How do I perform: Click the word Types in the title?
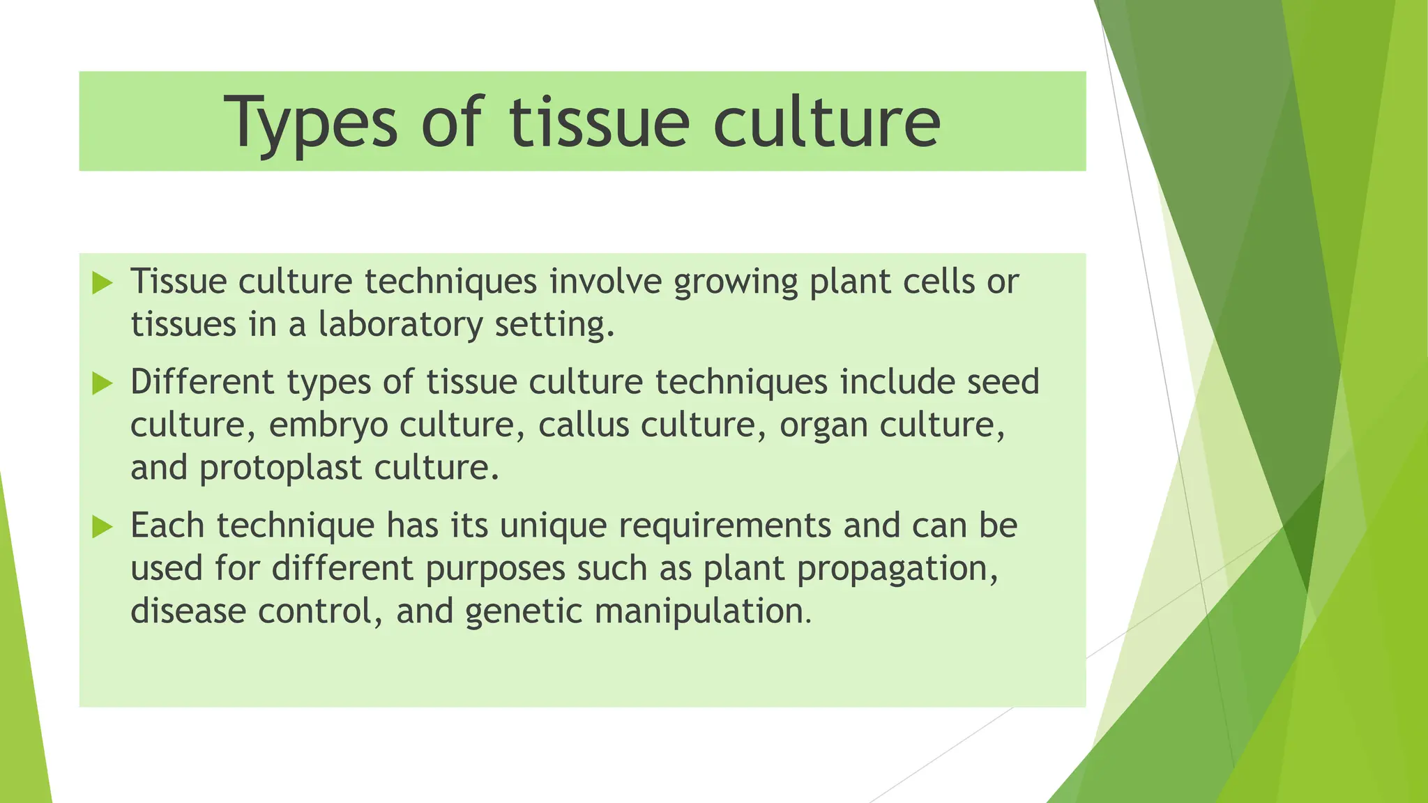(x=311, y=123)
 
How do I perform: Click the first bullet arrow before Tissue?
(x=102, y=283)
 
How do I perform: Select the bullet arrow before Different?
(x=102, y=383)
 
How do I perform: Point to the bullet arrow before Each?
(x=102, y=527)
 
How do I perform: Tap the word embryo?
(x=328, y=426)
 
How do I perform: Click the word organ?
(x=823, y=426)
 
